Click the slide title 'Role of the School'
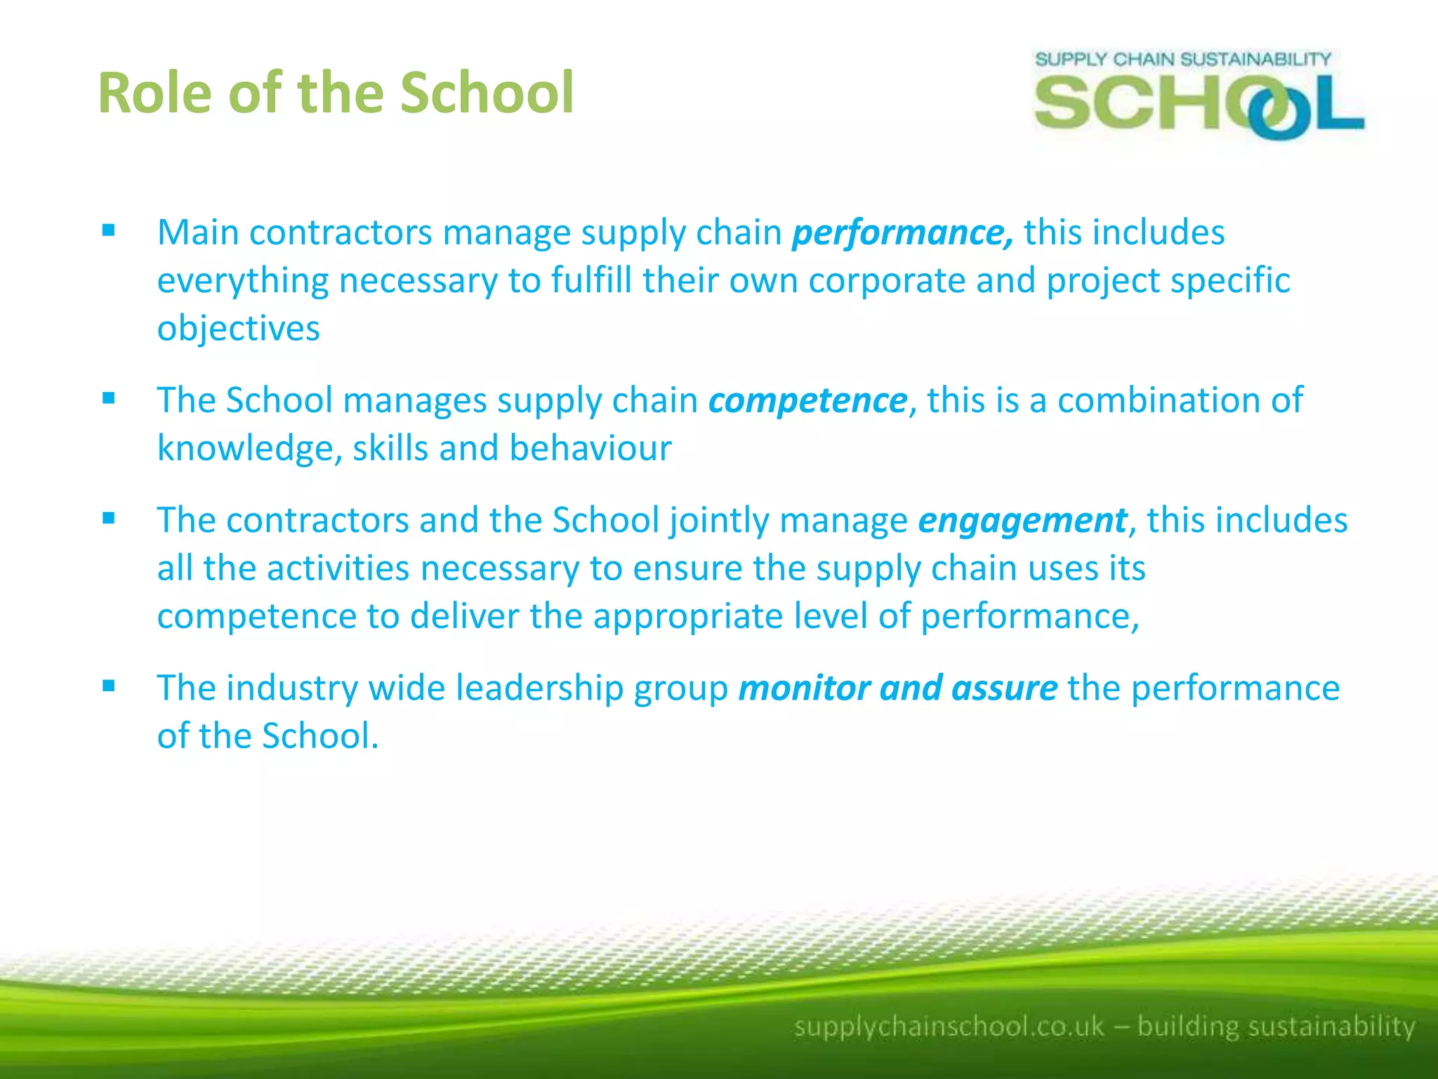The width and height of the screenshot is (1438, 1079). [x=336, y=93]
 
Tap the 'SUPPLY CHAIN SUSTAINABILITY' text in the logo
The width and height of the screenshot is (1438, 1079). [x=1182, y=59]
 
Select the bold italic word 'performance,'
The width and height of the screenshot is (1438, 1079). [x=902, y=233]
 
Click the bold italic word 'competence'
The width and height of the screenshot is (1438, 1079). [x=807, y=400]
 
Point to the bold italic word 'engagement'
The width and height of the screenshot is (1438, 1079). [x=1022, y=521]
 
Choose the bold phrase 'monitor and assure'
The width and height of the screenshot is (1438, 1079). [x=897, y=688]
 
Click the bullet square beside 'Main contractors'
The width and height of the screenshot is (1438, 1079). [x=108, y=230]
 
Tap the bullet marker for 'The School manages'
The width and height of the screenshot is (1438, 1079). [x=108, y=398]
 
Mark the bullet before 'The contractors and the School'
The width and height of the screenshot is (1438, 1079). [x=108, y=518]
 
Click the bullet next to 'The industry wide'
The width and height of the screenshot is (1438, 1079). [x=108, y=686]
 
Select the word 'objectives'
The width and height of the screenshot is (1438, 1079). [x=238, y=329]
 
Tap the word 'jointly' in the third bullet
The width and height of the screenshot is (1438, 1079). [x=719, y=521]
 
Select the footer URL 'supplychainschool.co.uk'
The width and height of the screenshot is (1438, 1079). [x=949, y=1026]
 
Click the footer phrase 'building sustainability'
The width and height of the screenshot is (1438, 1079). [x=1276, y=1026]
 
